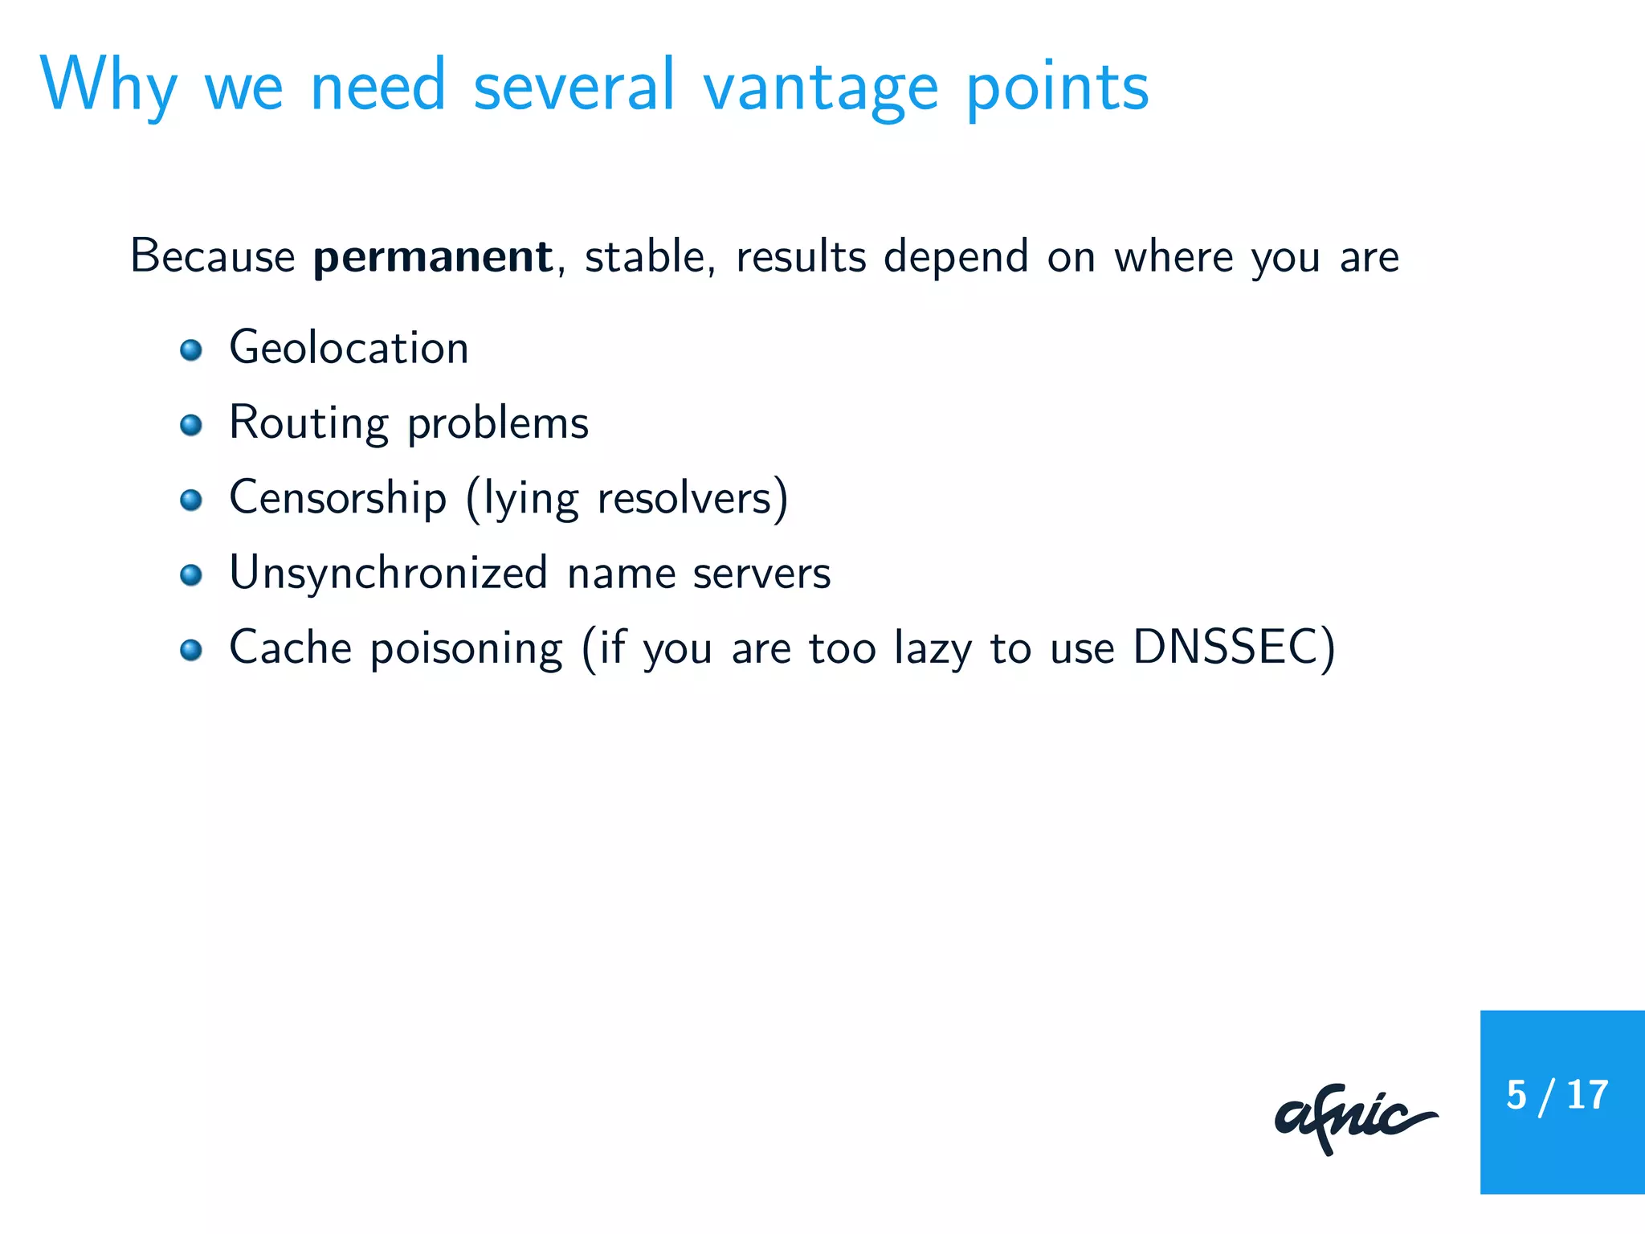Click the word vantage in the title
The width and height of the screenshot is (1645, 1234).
point(820,87)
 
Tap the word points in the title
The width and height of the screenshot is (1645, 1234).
point(1057,87)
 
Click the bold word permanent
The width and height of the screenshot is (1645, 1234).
point(432,257)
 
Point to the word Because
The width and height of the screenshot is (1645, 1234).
point(213,257)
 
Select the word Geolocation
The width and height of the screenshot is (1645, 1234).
point(349,348)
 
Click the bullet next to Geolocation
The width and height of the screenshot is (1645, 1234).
point(191,350)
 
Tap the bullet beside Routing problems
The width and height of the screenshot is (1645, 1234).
point(191,425)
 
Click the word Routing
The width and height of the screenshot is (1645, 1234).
point(308,423)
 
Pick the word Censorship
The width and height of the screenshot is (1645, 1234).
point(337,498)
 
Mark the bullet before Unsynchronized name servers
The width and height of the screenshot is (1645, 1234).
point(191,574)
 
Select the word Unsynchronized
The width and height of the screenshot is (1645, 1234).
point(389,574)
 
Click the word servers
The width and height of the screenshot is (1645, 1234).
point(761,574)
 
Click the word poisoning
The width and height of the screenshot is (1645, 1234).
point(466,649)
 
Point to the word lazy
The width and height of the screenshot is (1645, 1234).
point(933,649)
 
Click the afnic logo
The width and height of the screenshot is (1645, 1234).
point(1355,1118)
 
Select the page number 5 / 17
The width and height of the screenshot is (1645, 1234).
point(1557,1095)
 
